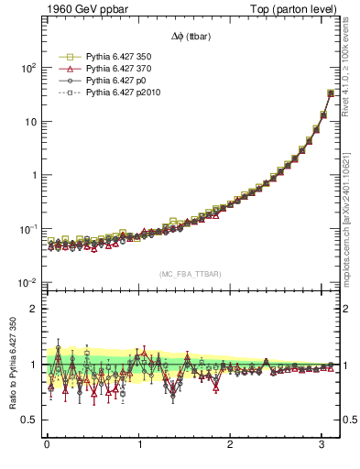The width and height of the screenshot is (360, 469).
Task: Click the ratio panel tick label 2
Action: [x=34, y=309]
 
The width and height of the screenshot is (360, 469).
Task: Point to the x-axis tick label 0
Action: [x=47, y=444]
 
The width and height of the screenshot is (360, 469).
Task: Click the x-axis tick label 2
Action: [x=231, y=444]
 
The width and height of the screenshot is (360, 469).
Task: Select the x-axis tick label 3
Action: [x=322, y=444]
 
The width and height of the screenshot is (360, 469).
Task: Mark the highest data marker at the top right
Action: [x=331, y=93]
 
